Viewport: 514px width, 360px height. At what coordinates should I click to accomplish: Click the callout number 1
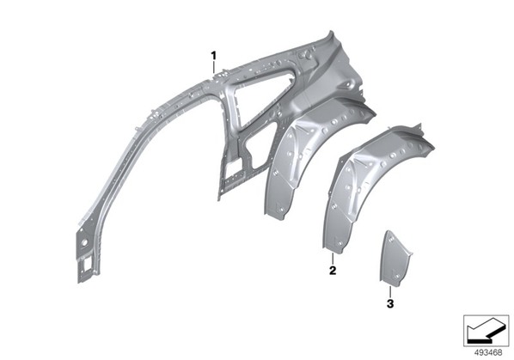point(214,56)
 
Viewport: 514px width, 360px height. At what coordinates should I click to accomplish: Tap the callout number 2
point(333,271)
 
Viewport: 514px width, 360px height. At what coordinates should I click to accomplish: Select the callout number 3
point(390,303)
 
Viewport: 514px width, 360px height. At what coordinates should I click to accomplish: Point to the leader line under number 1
point(214,68)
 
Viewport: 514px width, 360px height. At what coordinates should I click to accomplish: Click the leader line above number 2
point(333,259)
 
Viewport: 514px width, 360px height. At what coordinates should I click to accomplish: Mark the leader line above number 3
point(390,291)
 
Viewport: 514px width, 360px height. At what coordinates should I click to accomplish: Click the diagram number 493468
point(488,353)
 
